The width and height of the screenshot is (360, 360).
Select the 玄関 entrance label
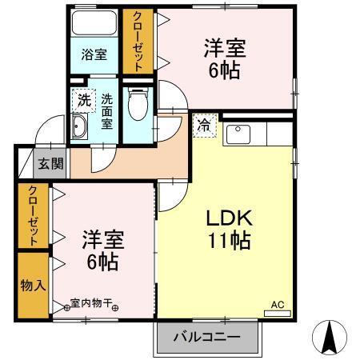[50, 164]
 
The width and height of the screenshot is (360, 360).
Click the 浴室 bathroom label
[94, 55]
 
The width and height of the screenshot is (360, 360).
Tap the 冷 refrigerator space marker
[204, 125]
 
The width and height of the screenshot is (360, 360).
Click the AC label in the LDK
[277, 304]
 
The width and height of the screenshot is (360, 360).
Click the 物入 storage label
[33, 285]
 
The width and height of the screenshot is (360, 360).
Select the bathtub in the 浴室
[94, 24]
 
